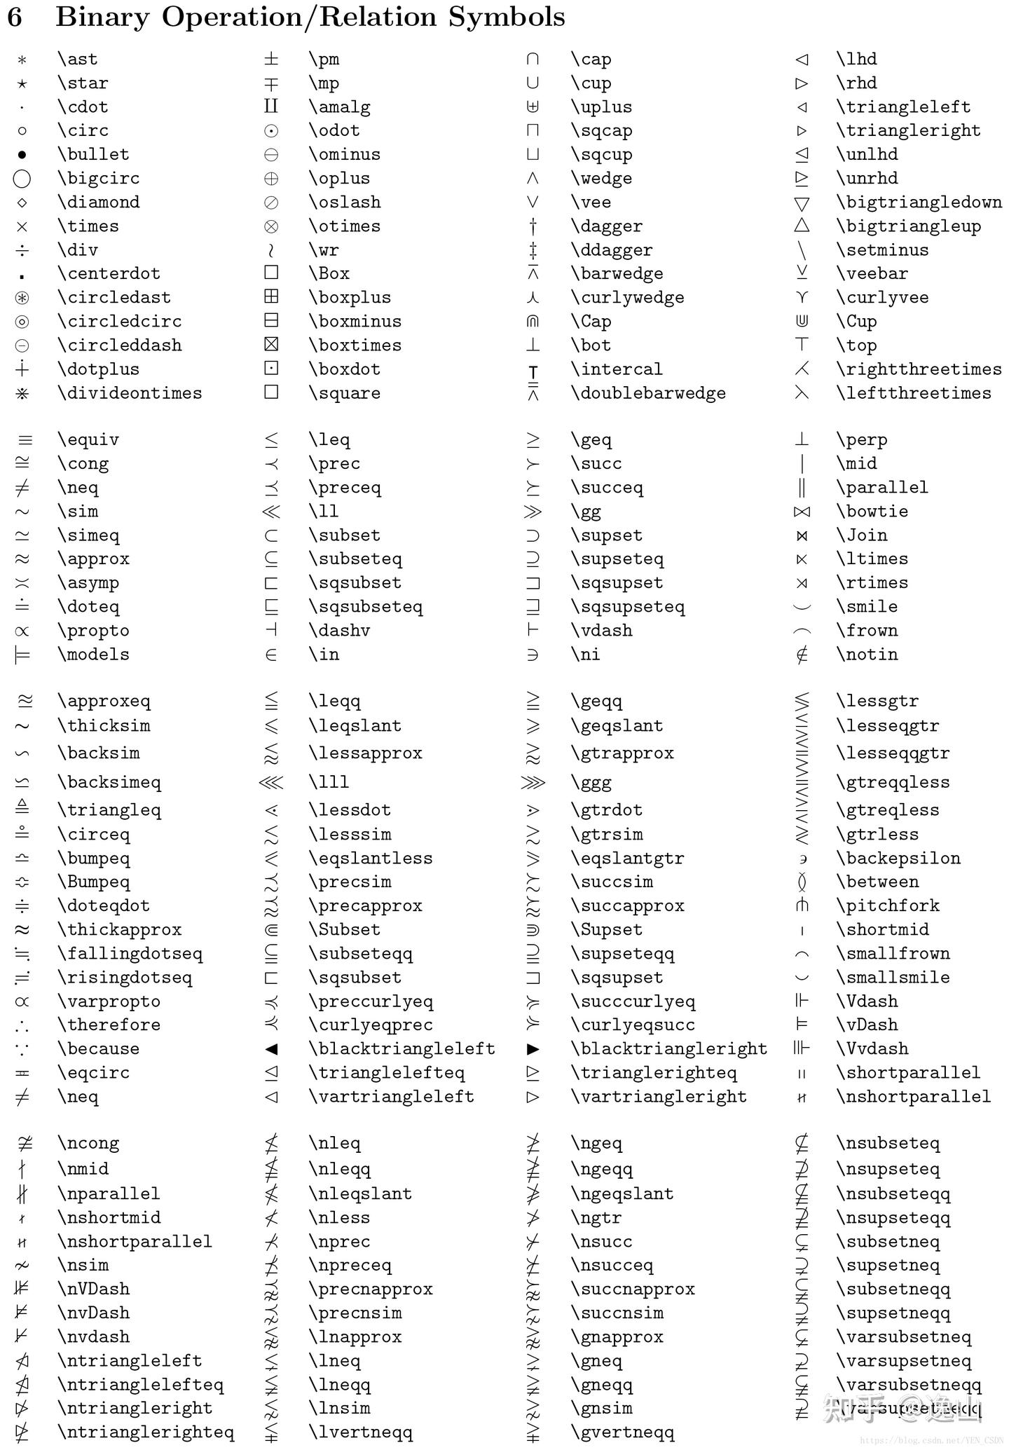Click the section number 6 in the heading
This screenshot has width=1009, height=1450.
tap(15, 18)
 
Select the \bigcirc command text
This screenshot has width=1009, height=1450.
tap(99, 179)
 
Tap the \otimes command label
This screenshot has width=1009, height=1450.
tap(345, 226)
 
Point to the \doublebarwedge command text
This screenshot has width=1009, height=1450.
tap(648, 393)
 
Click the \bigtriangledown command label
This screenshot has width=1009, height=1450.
tap(919, 203)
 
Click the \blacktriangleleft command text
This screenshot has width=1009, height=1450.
tap(402, 1049)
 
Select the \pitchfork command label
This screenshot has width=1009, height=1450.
tap(888, 906)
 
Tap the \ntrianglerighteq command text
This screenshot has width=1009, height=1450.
tap(146, 1432)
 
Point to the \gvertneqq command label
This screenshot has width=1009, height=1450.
tap(623, 1432)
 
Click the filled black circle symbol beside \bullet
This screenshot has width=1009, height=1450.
tap(22, 155)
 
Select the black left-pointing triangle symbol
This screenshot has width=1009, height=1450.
tap(272, 1049)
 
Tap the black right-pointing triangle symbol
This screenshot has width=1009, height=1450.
tap(533, 1049)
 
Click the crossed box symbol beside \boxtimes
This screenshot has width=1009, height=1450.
tap(271, 344)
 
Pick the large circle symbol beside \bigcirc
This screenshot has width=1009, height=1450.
tap(22, 179)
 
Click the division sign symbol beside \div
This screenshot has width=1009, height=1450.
tap(22, 250)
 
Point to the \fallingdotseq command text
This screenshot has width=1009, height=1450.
tap(130, 954)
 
